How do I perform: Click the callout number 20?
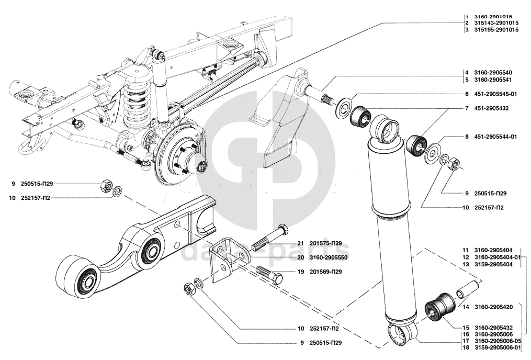pos(301,258)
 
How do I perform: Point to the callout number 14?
pos(466,307)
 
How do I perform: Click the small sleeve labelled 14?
pos(469,289)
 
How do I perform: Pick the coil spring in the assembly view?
pos(136,98)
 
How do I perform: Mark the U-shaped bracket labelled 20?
pos(228,261)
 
